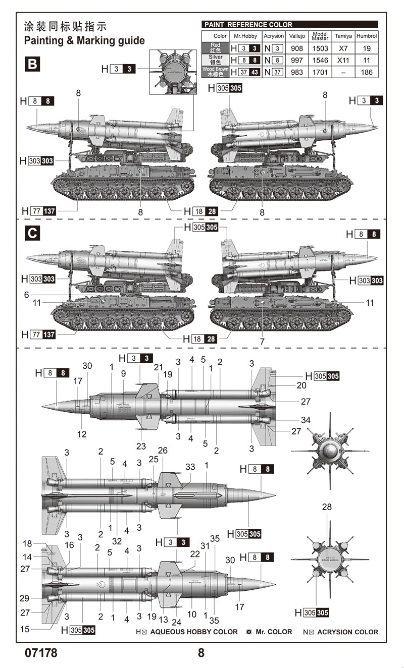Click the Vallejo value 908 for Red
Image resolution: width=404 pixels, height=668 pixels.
coord(297,49)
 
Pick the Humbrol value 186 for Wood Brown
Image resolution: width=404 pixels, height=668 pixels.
coord(367,72)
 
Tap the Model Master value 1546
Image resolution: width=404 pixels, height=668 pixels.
coord(320,61)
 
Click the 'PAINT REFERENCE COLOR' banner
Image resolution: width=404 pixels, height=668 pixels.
coord(289,24)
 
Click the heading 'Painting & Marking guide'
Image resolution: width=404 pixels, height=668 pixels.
coord(84,40)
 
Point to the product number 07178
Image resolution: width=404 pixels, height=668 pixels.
coord(41,653)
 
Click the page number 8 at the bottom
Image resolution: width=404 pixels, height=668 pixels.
coord(201,653)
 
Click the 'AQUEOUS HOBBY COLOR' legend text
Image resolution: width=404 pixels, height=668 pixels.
coord(194,632)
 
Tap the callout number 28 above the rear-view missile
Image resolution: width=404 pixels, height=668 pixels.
coord(327,507)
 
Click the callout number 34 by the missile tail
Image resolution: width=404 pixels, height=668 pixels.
coord(306,420)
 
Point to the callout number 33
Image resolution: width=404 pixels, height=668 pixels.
coord(190,467)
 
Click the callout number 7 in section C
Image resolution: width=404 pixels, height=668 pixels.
coord(262,342)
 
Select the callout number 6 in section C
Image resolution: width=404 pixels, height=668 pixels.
coord(27,295)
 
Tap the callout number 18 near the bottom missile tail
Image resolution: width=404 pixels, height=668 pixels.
coord(27,543)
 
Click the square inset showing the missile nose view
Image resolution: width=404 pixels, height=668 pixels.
coord(173,72)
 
